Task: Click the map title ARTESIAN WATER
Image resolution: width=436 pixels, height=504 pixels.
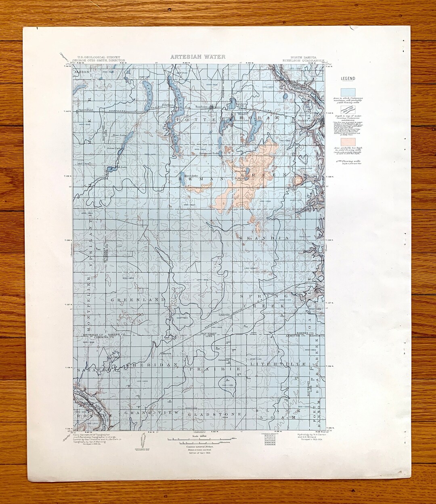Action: coord(198,57)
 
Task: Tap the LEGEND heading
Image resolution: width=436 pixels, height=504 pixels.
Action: coord(348,79)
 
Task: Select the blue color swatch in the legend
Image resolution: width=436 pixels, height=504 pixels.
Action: coord(348,92)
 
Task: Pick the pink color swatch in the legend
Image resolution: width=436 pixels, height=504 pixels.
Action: coord(348,142)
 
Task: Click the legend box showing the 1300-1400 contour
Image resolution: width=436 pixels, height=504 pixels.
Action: coord(348,110)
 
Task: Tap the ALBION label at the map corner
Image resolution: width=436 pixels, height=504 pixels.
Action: coord(82,71)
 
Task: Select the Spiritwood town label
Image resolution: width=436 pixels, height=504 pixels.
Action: coord(86,109)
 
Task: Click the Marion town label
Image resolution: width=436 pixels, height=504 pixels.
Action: coord(167,353)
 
